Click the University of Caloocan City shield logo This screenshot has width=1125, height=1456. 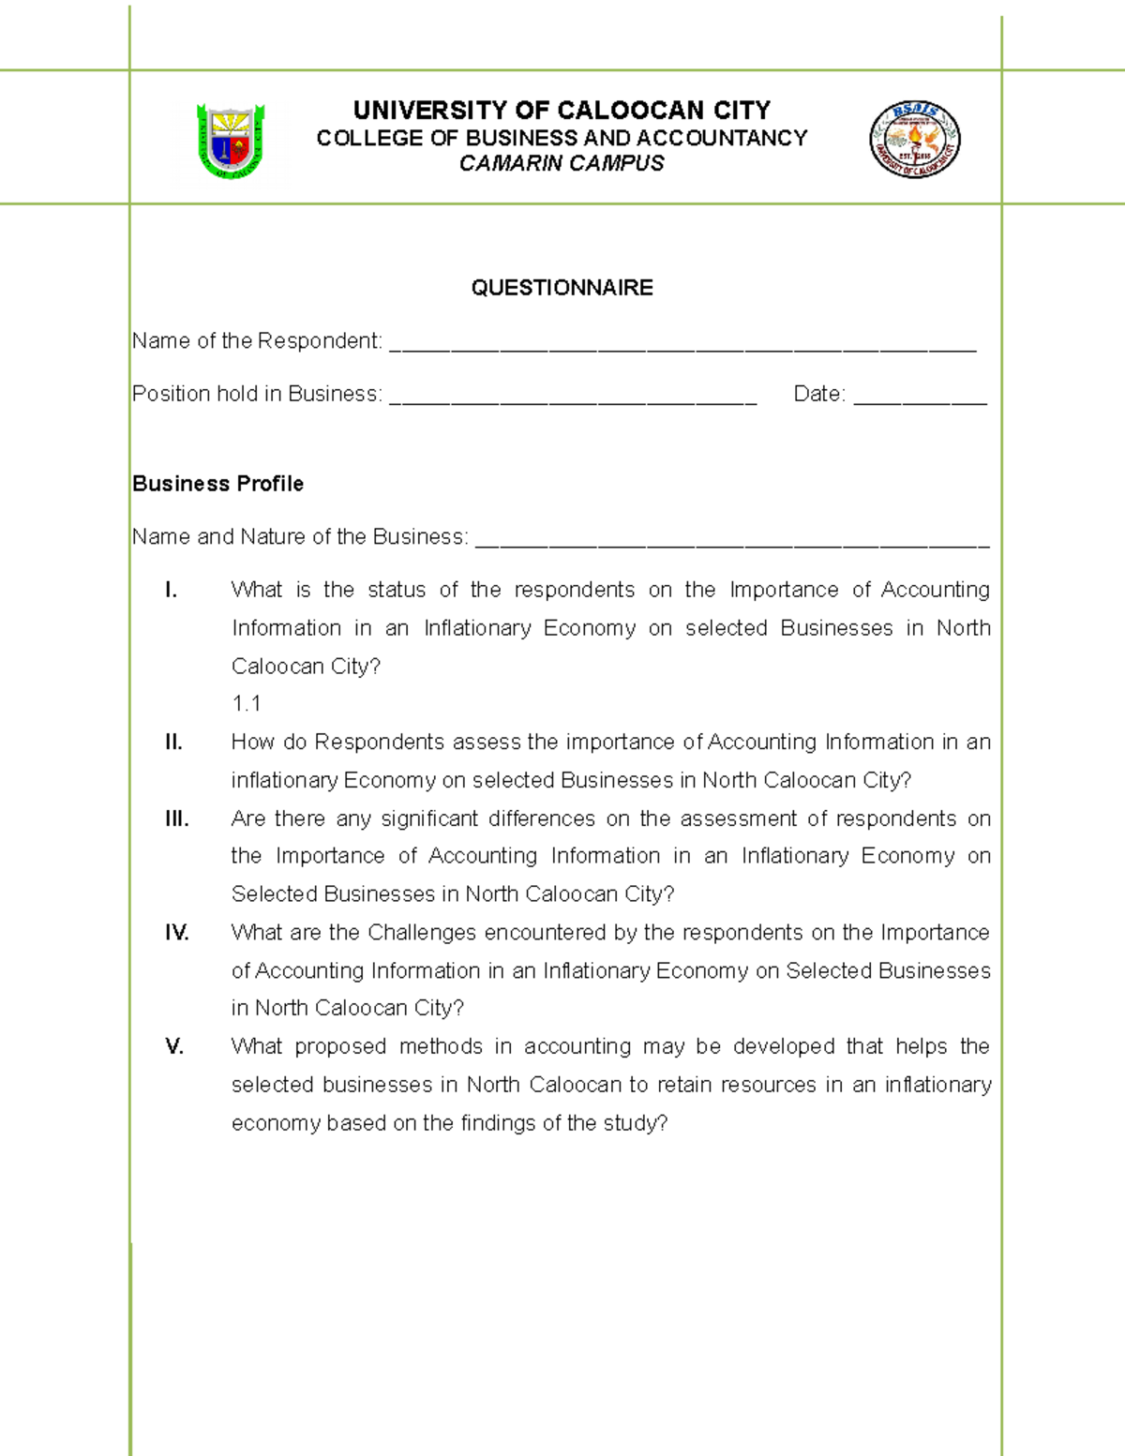231,141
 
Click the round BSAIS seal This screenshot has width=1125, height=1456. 914,140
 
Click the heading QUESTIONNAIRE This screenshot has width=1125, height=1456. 562,288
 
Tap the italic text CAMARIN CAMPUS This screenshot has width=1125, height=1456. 562,163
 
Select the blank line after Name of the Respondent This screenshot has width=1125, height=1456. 682,347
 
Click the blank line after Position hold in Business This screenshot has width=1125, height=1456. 572,400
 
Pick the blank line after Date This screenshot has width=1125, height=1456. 920,400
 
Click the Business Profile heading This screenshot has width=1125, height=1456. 217,484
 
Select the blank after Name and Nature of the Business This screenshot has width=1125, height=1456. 731,543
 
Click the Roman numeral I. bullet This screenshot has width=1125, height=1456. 171,590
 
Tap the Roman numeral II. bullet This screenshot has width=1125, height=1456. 173,743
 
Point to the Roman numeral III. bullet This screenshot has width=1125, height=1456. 176,818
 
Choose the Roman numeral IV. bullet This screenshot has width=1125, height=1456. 176,933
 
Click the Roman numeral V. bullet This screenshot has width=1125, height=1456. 173,1046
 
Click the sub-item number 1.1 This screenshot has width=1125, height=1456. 247,704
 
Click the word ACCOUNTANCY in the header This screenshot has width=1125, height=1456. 722,138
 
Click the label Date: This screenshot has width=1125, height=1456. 818,394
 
